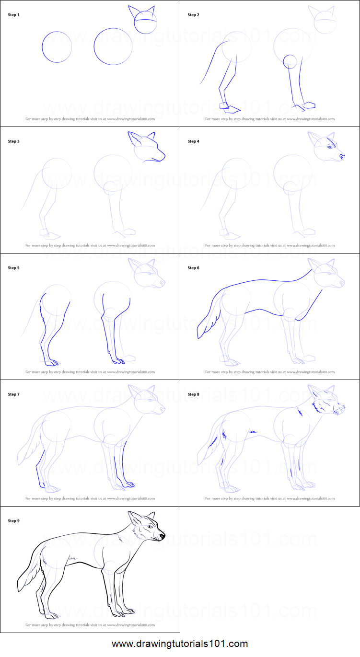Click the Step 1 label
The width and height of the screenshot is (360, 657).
[x=13, y=15]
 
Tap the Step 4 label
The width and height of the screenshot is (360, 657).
[x=193, y=141]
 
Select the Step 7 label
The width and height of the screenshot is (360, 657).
[x=13, y=394]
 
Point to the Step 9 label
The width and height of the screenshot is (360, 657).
[x=13, y=520]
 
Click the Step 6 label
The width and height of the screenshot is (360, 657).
[x=193, y=268]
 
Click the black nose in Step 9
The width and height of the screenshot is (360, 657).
[x=162, y=536]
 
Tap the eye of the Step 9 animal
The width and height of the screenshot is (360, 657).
[x=150, y=527]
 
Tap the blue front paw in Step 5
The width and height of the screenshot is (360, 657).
[x=119, y=361]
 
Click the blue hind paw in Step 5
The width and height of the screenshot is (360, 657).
[x=52, y=363]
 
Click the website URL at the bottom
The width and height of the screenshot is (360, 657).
[x=180, y=644]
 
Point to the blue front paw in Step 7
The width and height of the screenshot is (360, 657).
[x=129, y=484]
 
